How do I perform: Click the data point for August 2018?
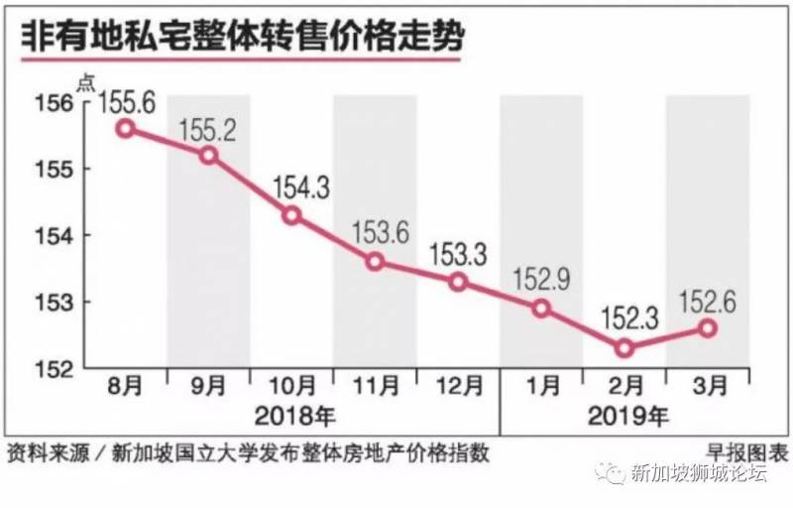click(x=125, y=128)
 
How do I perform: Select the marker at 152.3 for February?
click(x=623, y=348)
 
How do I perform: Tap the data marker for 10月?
click(x=291, y=215)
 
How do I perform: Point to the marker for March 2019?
click(x=707, y=328)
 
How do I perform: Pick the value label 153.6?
click(x=375, y=231)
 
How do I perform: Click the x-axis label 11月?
click(x=375, y=384)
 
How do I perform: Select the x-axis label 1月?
click(x=541, y=384)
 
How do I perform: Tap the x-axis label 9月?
click(x=208, y=384)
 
